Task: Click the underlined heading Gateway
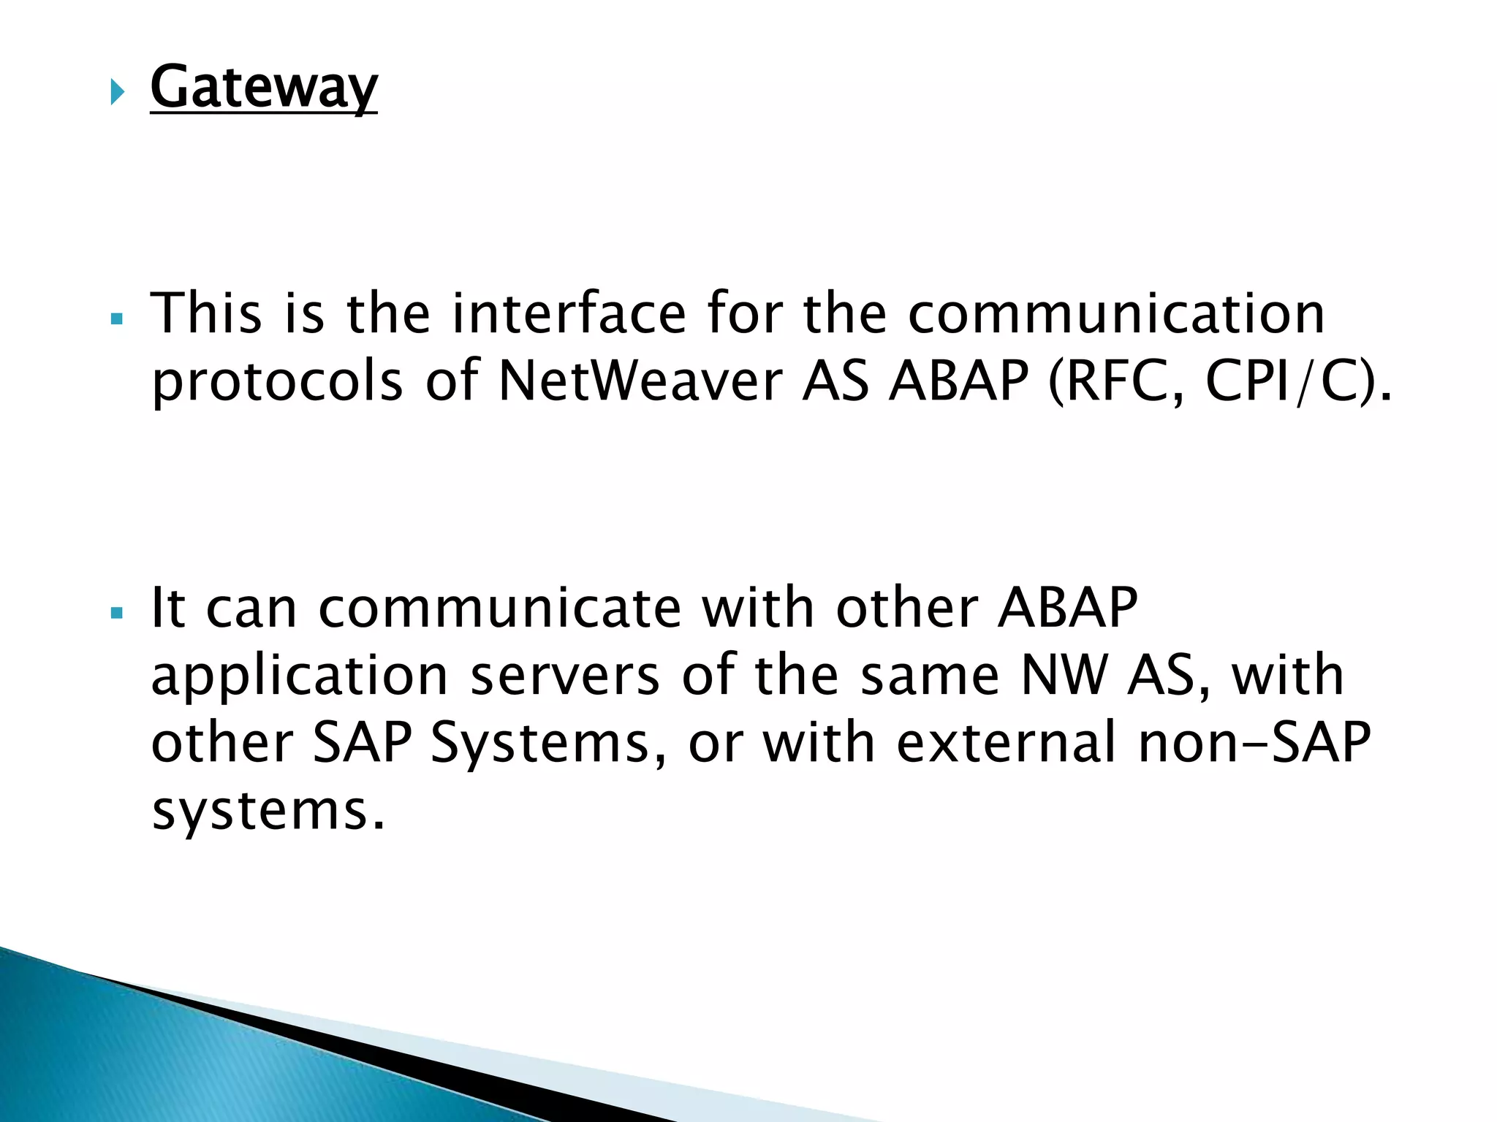[263, 88]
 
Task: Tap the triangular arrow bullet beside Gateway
[117, 93]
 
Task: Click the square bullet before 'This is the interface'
[116, 319]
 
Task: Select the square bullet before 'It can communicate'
[116, 613]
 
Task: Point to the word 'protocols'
[277, 381]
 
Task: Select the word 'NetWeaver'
[640, 381]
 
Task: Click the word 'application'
[299, 676]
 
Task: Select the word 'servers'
[565, 675]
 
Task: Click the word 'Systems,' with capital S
[548, 743]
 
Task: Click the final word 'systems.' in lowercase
[268, 811]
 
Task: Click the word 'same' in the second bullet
[930, 675]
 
